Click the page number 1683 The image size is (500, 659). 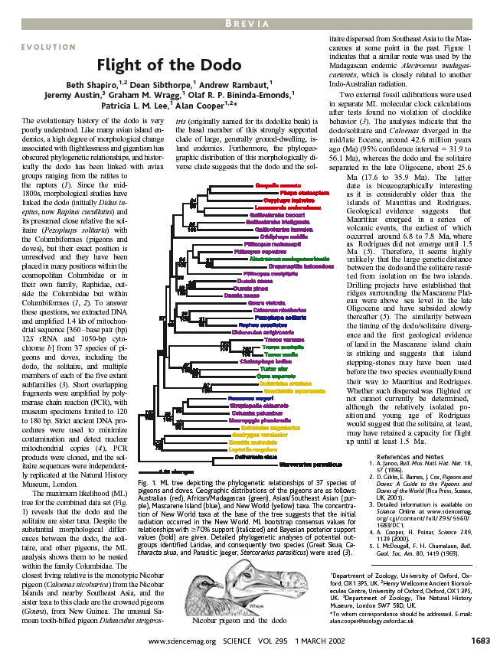479,641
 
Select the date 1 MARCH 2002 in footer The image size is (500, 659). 307,641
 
